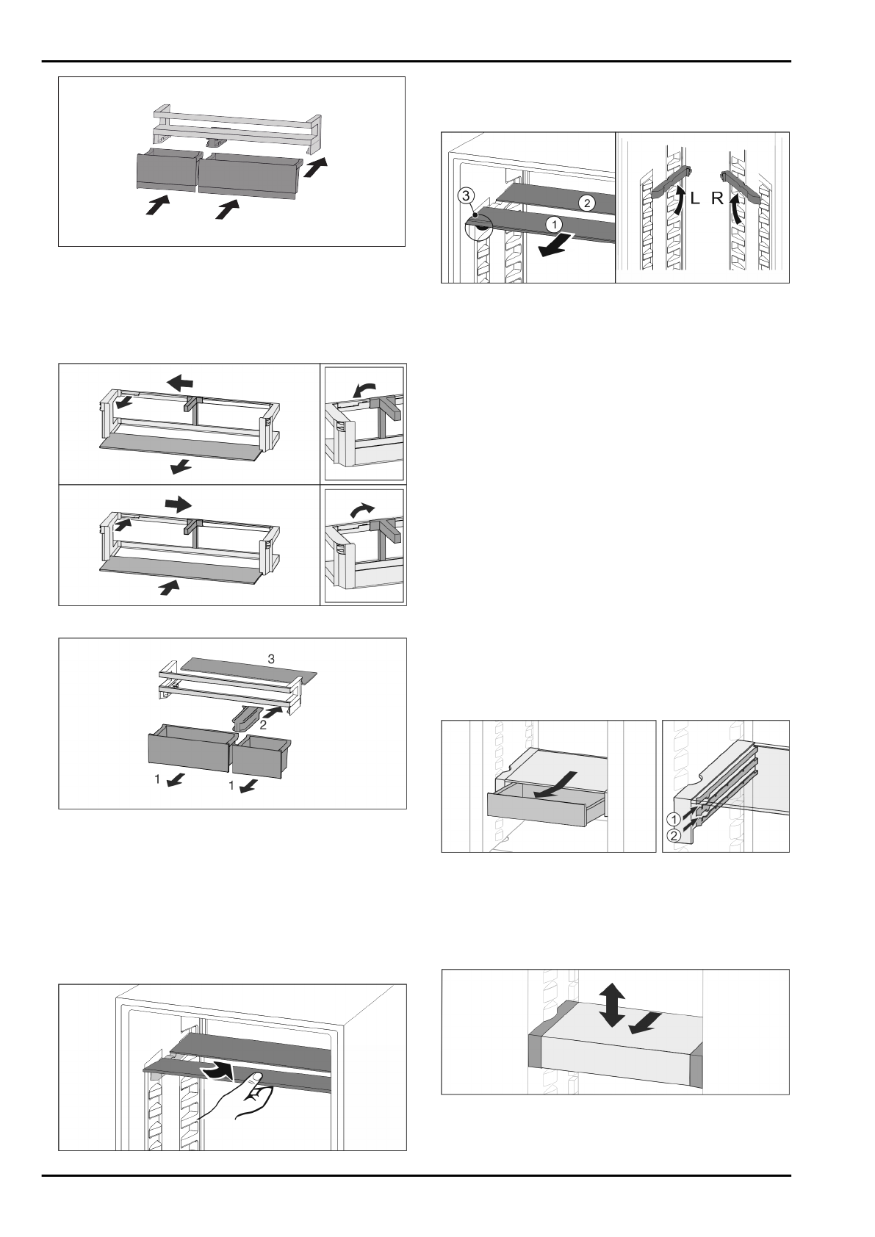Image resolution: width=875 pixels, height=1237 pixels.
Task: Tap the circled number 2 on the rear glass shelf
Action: pyautogui.click(x=587, y=203)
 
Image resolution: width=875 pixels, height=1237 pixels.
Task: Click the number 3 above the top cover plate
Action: pyautogui.click(x=271, y=660)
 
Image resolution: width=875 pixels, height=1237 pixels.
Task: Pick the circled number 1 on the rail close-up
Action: pyautogui.click(x=671, y=818)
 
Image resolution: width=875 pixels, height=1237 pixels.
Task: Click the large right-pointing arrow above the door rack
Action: pyautogui.click(x=179, y=505)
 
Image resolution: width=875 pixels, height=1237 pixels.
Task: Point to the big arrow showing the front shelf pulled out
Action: pyautogui.click(x=555, y=245)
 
